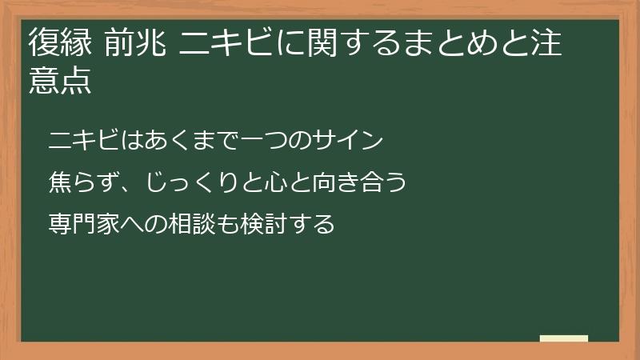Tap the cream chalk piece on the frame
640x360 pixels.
point(564,339)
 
